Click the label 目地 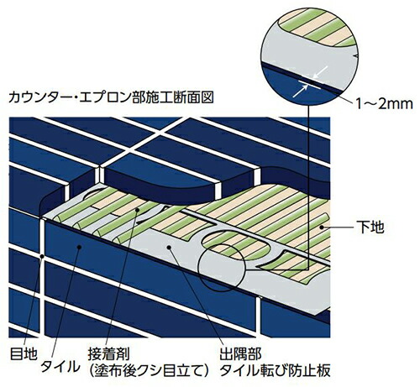click(24, 353)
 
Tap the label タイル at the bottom click(60, 367)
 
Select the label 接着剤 click(108, 353)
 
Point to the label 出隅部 click(240, 353)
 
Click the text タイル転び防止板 click(275, 370)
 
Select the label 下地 click(370, 227)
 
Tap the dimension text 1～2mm click(385, 104)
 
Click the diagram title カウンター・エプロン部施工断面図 click(111, 98)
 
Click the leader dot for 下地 click(323, 227)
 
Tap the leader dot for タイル click(80, 247)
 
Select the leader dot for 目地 click(42, 256)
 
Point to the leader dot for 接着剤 click(137, 209)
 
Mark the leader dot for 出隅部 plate click(169, 247)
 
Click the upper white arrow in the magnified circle click(320, 71)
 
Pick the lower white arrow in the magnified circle click(301, 92)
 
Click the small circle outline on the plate click(198, 269)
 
